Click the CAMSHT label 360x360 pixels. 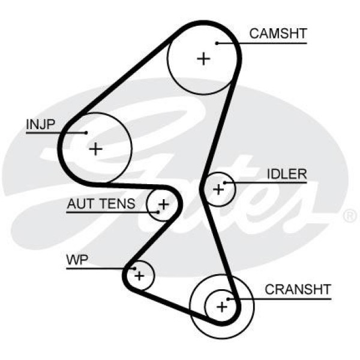(278, 34)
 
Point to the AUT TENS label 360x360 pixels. (101, 205)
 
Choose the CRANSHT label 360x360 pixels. (298, 290)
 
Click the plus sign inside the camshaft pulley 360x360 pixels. (204, 58)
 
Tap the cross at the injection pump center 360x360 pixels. (95, 148)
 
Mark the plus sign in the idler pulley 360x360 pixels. (218, 190)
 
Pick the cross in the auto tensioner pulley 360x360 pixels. (163, 205)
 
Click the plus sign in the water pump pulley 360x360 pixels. (139, 276)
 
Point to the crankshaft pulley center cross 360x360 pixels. (222, 307)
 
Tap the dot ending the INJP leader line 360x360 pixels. (86, 133)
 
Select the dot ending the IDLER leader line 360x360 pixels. (225, 182)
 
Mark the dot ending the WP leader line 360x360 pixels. (136, 268)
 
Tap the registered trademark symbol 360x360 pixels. (349, 214)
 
